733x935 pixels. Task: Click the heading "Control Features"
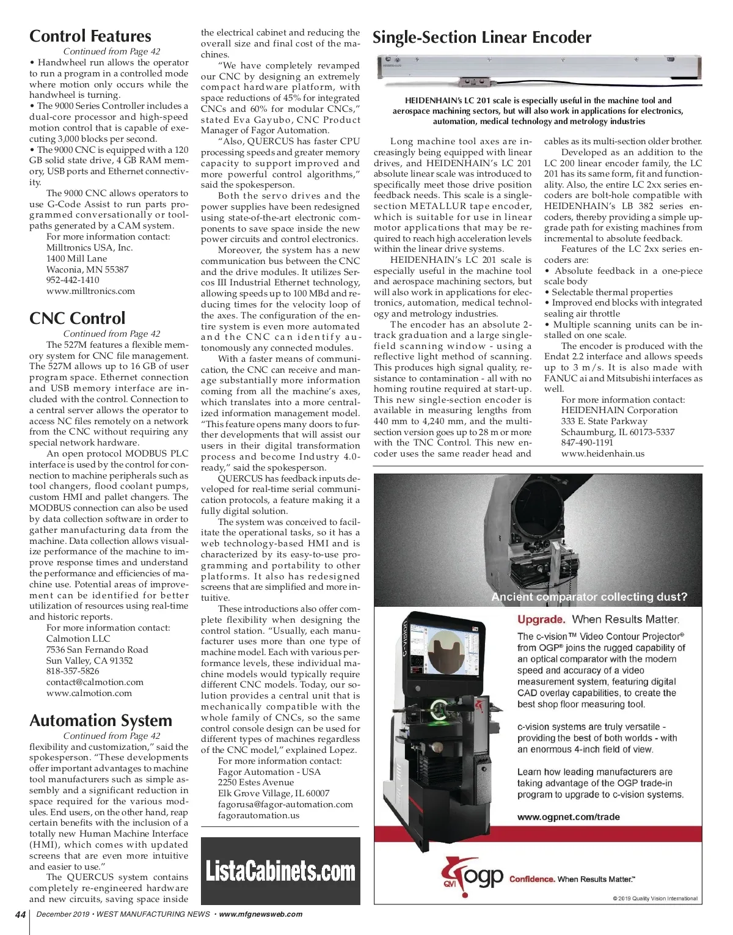tap(90, 37)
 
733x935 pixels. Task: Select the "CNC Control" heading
tap(78, 318)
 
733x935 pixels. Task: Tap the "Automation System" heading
tap(101, 721)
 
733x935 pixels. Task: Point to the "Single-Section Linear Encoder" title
tap(482, 38)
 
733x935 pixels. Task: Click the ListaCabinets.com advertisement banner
tap(280, 871)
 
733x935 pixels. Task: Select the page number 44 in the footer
tap(20, 914)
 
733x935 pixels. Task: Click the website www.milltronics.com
tap(90, 291)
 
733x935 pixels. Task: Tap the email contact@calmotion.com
tap(95, 682)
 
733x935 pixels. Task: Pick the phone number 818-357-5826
tap(73, 671)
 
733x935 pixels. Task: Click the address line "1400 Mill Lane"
tap(76, 258)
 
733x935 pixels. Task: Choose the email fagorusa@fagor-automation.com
tap(285, 804)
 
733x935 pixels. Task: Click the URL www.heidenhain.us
tap(603, 453)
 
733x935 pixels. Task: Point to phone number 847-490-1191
tap(587, 442)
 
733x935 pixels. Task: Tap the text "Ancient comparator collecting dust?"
tap(589, 597)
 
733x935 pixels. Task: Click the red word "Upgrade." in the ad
tap(541, 620)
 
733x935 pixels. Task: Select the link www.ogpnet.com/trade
tap(569, 817)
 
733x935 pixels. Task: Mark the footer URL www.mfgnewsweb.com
tap(261, 914)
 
